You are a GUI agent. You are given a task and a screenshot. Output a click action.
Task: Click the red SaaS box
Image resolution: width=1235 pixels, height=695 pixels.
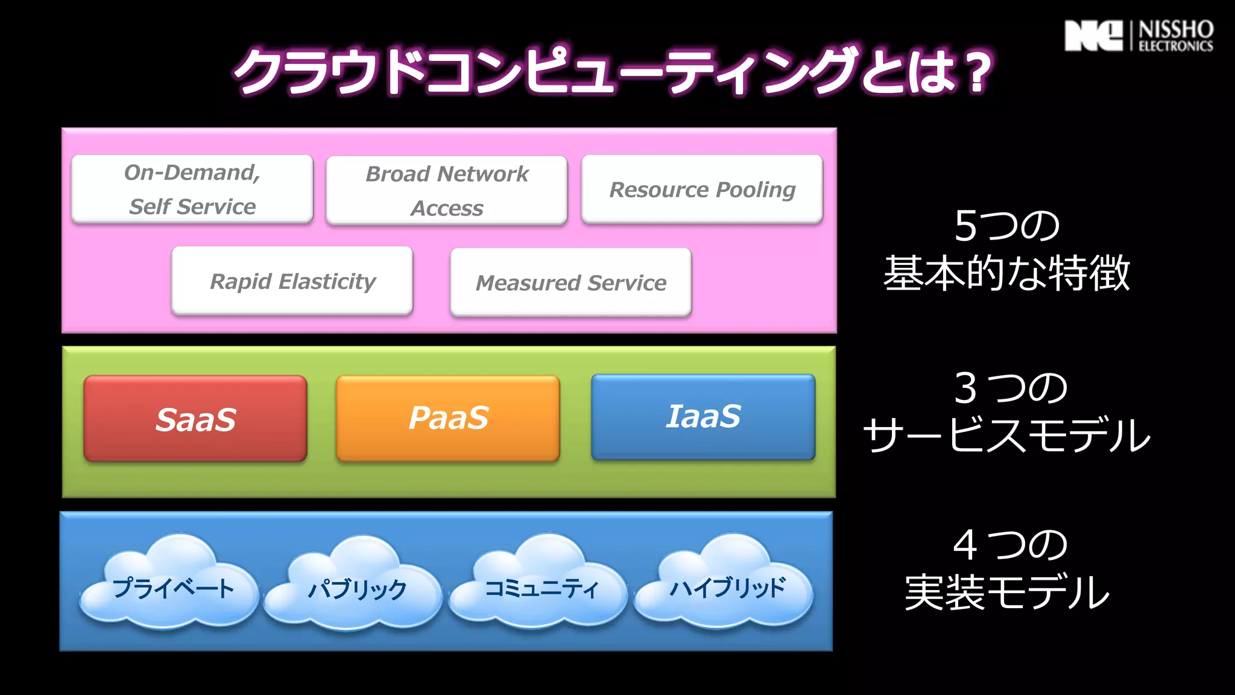click(x=195, y=419)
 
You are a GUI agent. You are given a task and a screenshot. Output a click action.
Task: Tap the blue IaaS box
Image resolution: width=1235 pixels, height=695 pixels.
click(x=703, y=417)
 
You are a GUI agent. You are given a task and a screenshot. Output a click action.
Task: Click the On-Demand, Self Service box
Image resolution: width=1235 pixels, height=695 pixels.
click(x=192, y=189)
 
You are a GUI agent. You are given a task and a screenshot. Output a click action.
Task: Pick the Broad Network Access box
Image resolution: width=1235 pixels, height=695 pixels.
click(x=447, y=191)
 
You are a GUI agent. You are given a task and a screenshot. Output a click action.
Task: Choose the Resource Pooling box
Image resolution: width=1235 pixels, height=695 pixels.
click(x=702, y=189)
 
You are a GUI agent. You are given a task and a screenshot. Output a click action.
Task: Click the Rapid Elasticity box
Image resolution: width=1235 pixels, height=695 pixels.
click(x=292, y=281)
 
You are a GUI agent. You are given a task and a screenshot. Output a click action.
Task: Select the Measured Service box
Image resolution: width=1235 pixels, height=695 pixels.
click(x=570, y=282)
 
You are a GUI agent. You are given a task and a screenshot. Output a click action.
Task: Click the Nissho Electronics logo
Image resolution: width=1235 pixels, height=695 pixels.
click(x=1139, y=36)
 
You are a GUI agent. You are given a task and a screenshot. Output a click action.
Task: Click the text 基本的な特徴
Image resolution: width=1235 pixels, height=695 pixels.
click(x=1006, y=273)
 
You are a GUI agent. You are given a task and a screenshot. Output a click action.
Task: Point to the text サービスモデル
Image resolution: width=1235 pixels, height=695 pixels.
click(x=1006, y=435)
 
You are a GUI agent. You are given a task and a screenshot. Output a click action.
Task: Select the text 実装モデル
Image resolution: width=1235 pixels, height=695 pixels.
click(x=1006, y=592)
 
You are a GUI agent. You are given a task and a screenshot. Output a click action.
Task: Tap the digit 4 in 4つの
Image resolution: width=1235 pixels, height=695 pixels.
click(x=965, y=545)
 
